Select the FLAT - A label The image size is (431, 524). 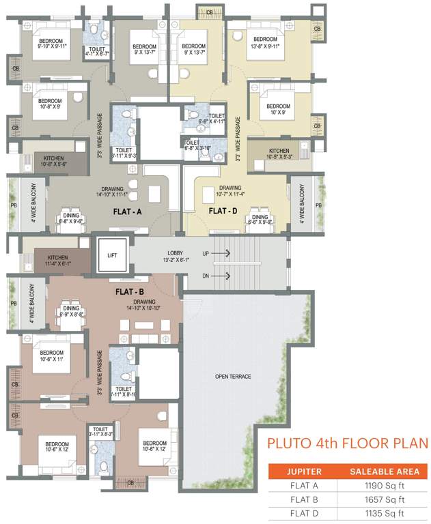click(x=127, y=212)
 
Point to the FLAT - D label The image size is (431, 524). click(x=222, y=212)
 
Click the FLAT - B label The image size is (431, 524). click(x=129, y=291)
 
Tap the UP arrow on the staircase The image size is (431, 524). click(x=221, y=253)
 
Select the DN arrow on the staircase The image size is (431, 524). click(x=221, y=276)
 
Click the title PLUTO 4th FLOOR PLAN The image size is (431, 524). click(x=347, y=444)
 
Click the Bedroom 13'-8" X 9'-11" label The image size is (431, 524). click(x=265, y=42)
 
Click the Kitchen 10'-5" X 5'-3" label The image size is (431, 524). click(x=279, y=154)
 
